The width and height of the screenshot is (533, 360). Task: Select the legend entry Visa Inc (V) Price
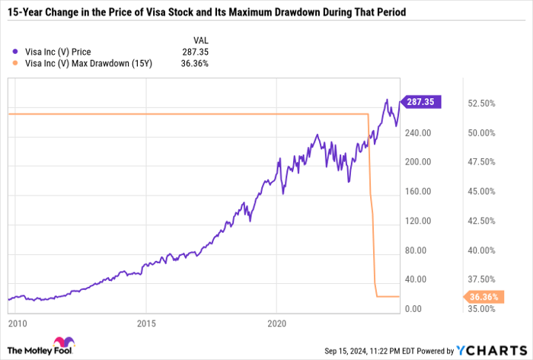[x=58, y=52]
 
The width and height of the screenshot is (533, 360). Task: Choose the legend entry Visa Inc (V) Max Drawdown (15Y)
[x=85, y=63]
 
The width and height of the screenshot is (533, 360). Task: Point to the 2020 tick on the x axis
[x=276, y=323]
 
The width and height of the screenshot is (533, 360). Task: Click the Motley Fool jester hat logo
[x=60, y=346]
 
